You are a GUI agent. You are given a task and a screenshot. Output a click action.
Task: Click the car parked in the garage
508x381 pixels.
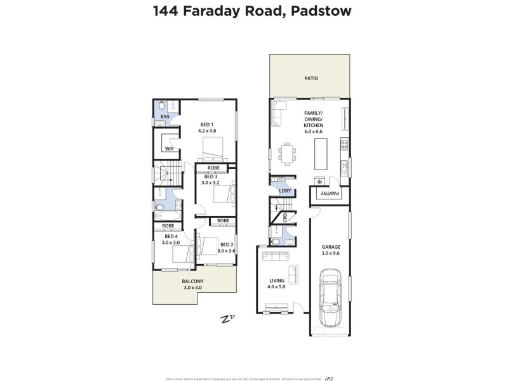[331, 297]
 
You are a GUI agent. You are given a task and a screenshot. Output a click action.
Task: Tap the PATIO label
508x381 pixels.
[310, 79]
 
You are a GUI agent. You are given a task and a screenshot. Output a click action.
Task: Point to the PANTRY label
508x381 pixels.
[329, 194]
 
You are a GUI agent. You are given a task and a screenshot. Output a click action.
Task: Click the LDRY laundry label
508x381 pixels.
[285, 190]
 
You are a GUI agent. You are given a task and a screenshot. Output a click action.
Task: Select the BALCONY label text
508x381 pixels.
[193, 281]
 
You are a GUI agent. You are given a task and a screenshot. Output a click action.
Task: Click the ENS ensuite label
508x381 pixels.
[164, 117]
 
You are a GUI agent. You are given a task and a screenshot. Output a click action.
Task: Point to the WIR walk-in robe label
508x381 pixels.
[170, 149]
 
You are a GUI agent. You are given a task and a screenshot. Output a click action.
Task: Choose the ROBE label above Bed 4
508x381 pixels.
[168, 225]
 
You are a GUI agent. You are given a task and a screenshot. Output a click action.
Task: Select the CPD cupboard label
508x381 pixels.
[285, 218]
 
